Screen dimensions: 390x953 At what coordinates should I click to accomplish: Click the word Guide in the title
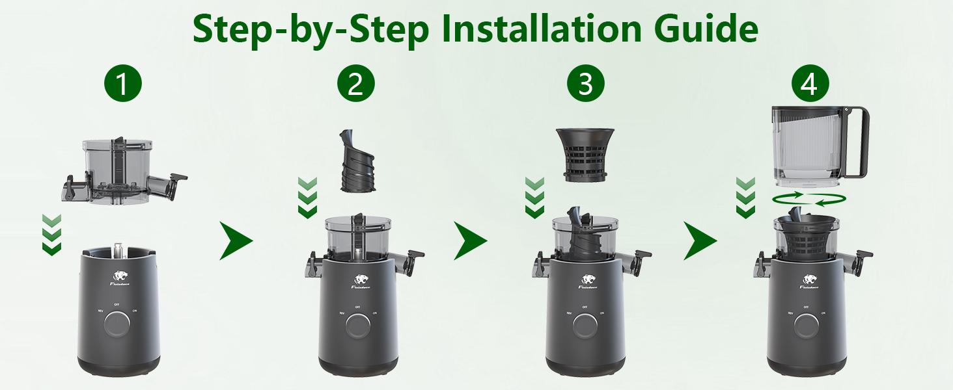coord(708,29)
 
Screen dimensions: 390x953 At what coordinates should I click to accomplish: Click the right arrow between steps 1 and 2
coord(236,240)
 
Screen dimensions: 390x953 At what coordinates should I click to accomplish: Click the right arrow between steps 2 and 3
coord(470,240)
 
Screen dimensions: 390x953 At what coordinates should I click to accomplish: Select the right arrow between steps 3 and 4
coord(700,240)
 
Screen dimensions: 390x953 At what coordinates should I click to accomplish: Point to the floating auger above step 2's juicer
coord(356,161)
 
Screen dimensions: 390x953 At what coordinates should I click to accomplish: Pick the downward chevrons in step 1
coord(51,235)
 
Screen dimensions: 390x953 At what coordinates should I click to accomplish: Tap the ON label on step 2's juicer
coord(375,313)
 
